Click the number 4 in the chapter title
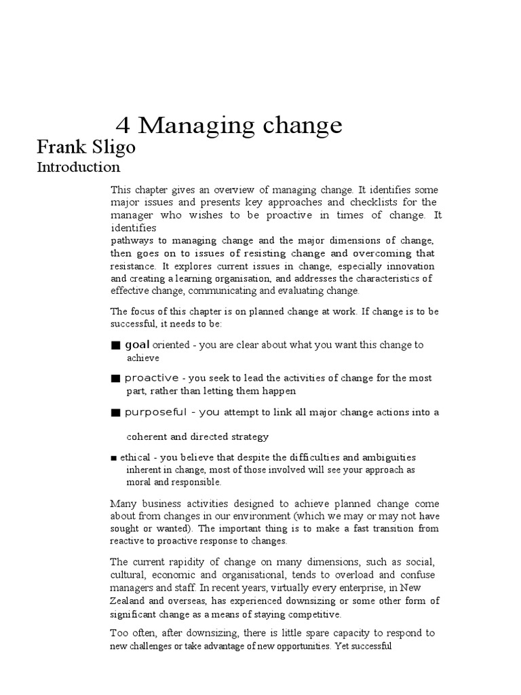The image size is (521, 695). [122, 126]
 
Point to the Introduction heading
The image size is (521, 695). [78, 167]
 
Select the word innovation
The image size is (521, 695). [410, 266]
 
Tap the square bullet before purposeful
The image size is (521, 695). [116, 412]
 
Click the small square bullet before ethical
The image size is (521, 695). [113, 458]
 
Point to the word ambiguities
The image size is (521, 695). [384, 457]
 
